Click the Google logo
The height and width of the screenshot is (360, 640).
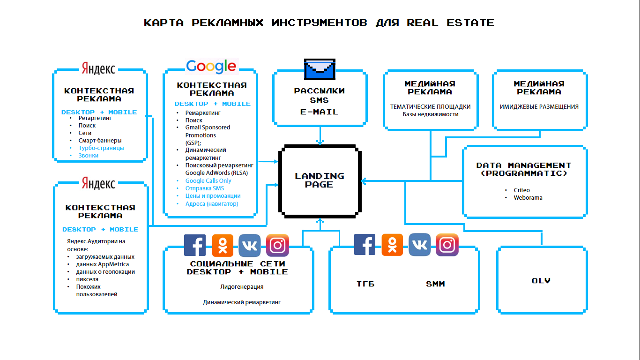coord(211,66)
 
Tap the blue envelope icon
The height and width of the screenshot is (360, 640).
coord(320,69)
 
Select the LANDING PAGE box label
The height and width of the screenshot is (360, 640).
coord(320,180)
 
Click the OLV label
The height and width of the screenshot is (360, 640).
coord(541,281)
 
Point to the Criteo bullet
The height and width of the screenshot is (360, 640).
coord(521,190)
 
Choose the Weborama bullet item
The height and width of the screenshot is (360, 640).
coord(528,198)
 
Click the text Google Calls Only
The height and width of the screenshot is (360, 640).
coord(208,181)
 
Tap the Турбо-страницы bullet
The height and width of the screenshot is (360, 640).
coord(101,148)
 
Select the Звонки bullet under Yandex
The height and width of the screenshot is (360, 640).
coord(89,156)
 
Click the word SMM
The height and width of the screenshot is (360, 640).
coord(435,284)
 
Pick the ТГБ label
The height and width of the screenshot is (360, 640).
coord(365,284)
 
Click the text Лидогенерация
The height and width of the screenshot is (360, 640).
coord(242,287)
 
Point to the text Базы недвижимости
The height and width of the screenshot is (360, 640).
coord(431,114)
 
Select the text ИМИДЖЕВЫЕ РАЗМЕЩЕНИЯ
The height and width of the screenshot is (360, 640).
coord(539,107)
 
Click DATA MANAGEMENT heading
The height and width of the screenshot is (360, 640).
coord(524,165)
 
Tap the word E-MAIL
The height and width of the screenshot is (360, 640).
coord(319,112)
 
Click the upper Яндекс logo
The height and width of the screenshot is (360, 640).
coord(98,68)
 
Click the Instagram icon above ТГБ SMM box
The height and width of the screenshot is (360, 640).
coord(447,245)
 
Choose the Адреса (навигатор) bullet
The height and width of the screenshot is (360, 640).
coord(212,204)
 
